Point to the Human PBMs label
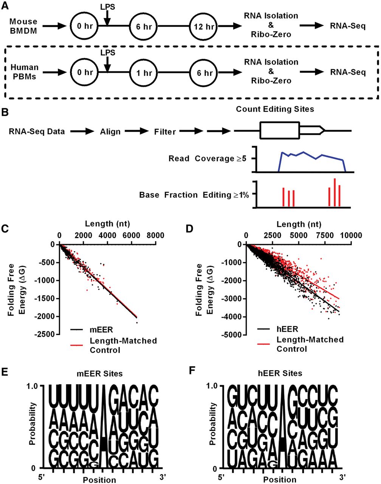[24, 72]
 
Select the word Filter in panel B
[165, 132]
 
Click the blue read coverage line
[302, 153]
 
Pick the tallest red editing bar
[335, 192]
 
